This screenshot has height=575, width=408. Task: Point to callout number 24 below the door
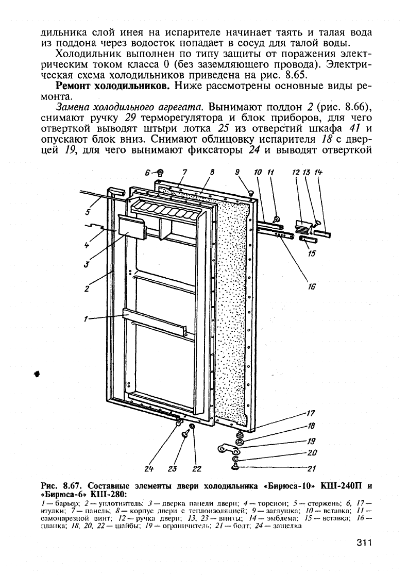pyautogui.click(x=149, y=468)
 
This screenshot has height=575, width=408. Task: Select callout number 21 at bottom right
pyautogui.click(x=311, y=468)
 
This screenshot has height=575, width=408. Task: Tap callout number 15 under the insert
pyautogui.click(x=311, y=253)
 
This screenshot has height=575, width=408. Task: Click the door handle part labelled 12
pyautogui.click(x=302, y=225)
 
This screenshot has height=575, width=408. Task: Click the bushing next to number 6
pyautogui.click(x=160, y=173)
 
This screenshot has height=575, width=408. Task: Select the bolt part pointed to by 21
pyautogui.click(x=235, y=466)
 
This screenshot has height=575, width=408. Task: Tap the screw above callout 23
pyautogui.click(x=184, y=434)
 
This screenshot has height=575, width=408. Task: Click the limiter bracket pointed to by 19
pyautogui.click(x=227, y=449)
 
